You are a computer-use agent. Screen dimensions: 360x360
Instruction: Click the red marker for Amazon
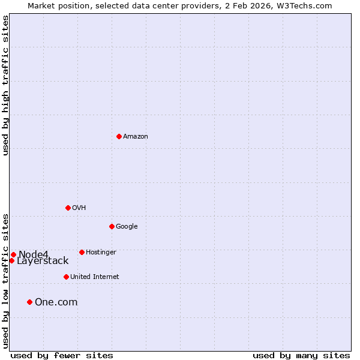click(119, 136)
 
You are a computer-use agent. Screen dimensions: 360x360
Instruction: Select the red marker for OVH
click(68, 208)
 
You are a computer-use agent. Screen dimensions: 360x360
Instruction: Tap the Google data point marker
click(112, 226)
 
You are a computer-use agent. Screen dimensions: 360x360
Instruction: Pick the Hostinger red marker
click(82, 252)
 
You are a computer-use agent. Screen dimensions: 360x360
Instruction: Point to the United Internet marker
click(66, 277)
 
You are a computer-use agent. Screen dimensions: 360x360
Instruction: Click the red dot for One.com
click(29, 302)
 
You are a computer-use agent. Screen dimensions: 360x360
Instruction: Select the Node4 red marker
click(13, 254)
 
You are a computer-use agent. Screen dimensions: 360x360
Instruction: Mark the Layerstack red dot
click(11, 260)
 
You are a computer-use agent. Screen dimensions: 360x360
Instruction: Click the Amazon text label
click(136, 137)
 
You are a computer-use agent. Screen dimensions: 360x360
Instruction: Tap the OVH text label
click(79, 208)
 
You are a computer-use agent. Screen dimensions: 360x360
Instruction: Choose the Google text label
click(127, 227)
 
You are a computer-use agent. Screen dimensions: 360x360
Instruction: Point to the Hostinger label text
click(101, 253)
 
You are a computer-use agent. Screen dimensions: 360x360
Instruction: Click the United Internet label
click(95, 277)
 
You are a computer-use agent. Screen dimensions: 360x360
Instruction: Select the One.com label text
click(56, 302)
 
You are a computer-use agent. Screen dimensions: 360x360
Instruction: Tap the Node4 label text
click(33, 255)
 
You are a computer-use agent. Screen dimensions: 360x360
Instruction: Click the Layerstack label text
click(43, 261)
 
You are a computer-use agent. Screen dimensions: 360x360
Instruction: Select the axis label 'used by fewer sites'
click(62, 355)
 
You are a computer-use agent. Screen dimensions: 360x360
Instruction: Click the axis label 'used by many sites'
click(301, 355)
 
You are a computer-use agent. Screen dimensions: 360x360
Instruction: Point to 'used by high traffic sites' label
click(6, 85)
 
